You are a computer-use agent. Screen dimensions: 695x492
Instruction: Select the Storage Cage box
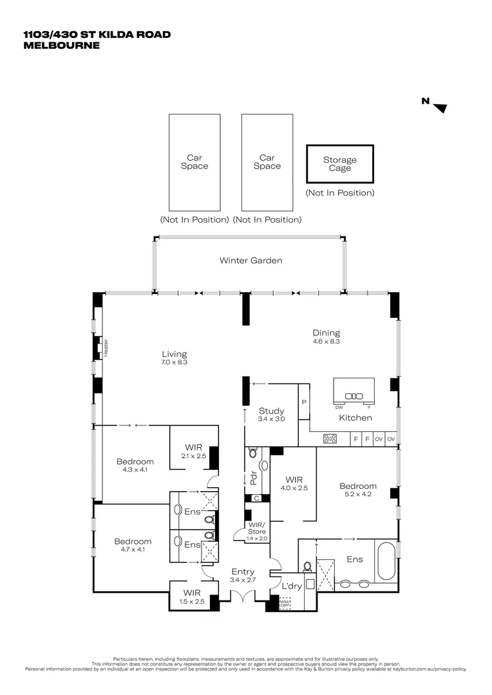click(339, 164)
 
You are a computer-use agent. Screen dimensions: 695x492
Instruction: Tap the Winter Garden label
click(251, 261)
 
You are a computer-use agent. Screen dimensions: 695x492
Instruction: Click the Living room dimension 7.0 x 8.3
click(174, 363)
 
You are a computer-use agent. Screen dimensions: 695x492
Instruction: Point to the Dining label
click(325, 333)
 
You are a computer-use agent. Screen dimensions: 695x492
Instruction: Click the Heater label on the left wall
click(106, 347)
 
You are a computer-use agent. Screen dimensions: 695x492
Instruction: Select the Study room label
click(272, 411)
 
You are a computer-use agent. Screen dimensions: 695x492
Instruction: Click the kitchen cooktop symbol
click(330, 439)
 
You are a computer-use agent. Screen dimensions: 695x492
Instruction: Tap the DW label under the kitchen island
click(339, 407)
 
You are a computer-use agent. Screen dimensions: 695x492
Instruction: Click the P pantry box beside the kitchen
click(303, 402)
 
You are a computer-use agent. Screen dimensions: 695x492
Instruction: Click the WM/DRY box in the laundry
click(285, 604)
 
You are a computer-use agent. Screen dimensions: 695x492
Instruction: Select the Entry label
click(243, 571)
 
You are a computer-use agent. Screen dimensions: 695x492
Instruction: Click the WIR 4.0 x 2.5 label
click(294, 479)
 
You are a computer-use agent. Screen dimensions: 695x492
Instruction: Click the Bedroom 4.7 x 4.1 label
click(133, 541)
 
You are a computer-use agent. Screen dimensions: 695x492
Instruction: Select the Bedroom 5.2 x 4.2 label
click(357, 486)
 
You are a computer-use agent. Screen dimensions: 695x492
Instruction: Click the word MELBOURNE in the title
click(61, 45)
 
